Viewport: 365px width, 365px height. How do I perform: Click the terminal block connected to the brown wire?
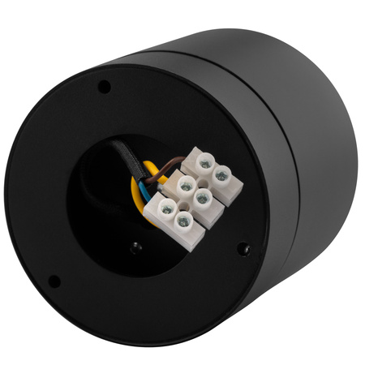(x=208, y=170)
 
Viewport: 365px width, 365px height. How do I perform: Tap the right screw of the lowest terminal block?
(x=184, y=220)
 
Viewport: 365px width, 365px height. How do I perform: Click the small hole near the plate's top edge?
(x=104, y=85)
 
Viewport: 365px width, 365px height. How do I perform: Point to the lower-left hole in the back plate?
(x=54, y=281)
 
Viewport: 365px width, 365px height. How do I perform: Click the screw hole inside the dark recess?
(x=136, y=247)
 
